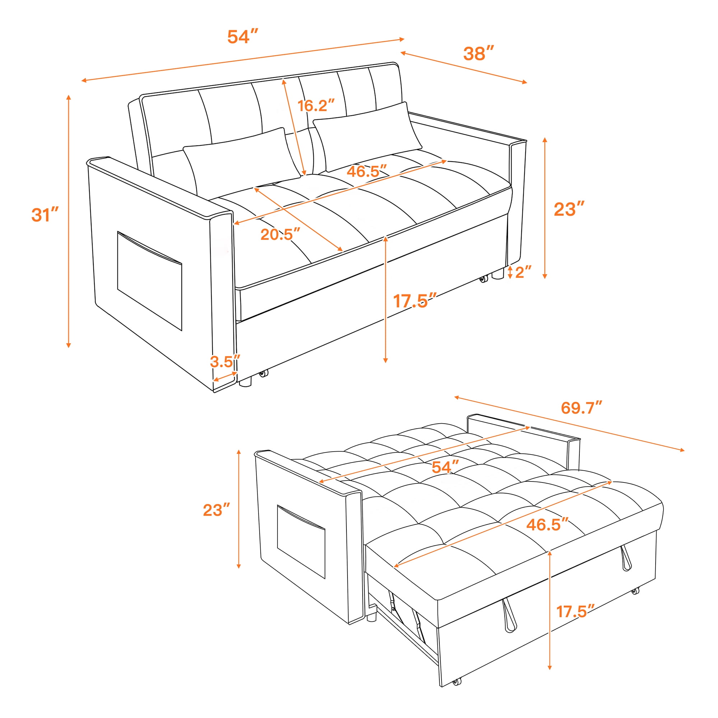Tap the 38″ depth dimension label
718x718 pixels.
click(479, 53)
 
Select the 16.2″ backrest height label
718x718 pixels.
click(316, 106)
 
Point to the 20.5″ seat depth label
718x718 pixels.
click(280, 234)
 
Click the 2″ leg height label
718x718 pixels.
click(523, 272)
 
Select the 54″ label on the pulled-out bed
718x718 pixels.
click(445, 467)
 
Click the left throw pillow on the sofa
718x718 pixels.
click(242, 162)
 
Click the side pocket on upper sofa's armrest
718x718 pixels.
click(149, 281)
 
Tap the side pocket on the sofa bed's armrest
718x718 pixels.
click(301, 542)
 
